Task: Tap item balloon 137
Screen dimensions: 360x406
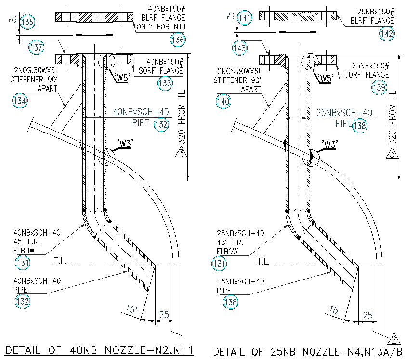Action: [37, 47]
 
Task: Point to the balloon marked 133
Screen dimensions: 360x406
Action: [165, 83]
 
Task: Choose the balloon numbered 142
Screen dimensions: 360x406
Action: [387, 33]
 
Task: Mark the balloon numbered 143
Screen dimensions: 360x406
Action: [240, 47]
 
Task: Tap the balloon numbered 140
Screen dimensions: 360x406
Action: [223, 102]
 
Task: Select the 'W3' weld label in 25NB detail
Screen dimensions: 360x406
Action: [329, 144]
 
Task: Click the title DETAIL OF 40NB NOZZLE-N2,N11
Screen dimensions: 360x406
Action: [95, 350]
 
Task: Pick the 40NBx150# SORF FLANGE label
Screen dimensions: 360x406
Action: [165, 67]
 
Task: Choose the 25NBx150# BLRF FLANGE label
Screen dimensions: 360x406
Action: [372, 16]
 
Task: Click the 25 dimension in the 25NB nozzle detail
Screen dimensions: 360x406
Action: [367, 316]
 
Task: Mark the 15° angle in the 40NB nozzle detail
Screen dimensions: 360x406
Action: [131, 308]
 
